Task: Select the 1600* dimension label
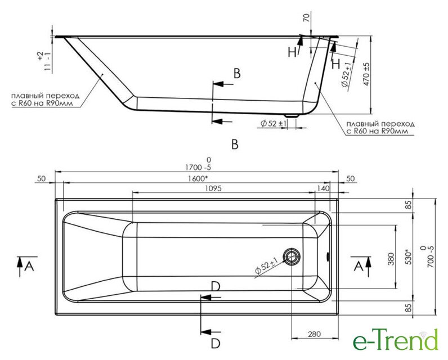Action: pos(198,179)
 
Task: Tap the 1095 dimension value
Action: pos(213,188)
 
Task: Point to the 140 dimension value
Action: pos(323,188)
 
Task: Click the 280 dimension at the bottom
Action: pos(314,334)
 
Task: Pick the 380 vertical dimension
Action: pos(391,259)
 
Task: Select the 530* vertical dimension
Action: pos(409,258)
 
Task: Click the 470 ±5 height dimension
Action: pos(366,74)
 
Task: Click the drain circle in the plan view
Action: pos(292,256)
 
